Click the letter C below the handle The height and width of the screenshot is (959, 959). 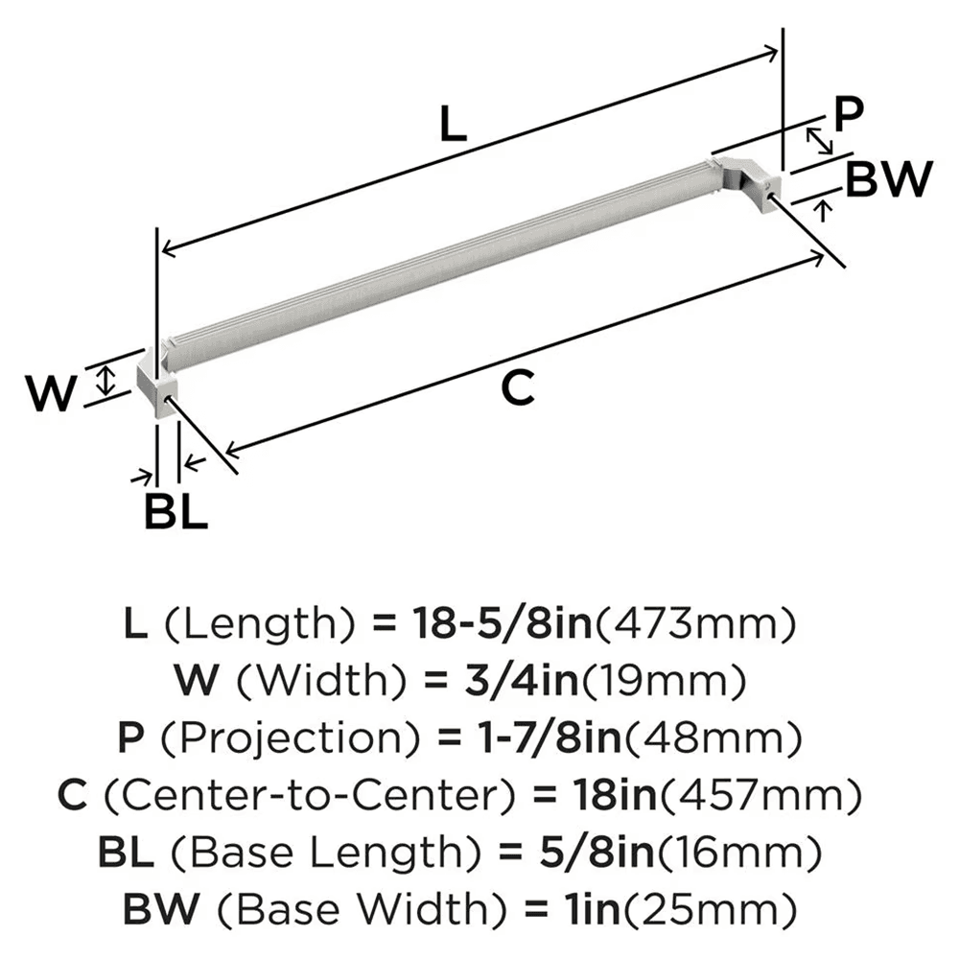[518, 388]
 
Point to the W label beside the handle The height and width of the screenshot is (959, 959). [50, 394]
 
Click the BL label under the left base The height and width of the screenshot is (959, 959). [175, 513]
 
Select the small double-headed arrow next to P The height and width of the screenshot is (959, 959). [818, 142]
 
